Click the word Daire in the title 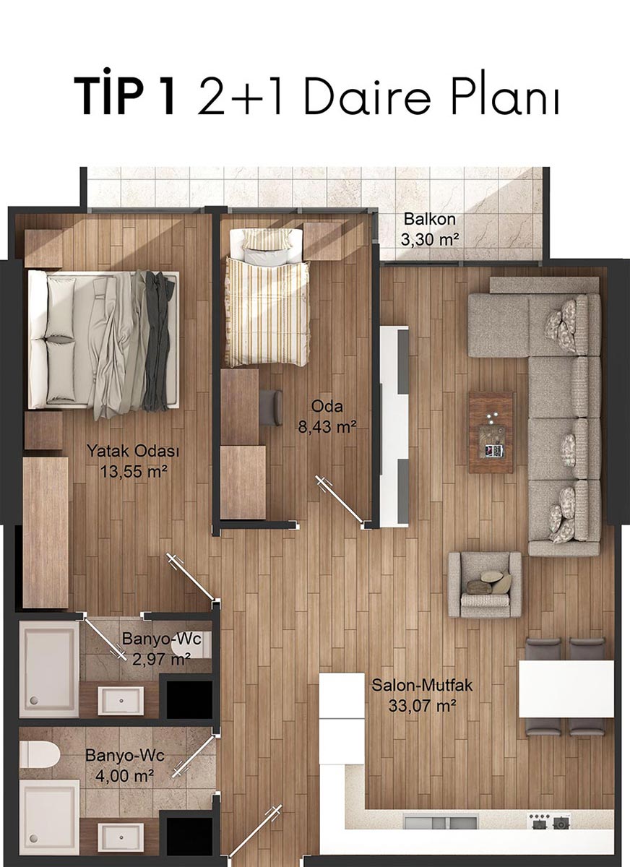[x=368, y=95]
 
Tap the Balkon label [x=430, y=219]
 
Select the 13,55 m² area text [x=134, y=471]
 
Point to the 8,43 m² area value [x=327, y=427]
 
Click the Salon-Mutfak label [x=422, y=686]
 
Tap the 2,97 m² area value [x=161, y=659]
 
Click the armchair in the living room [x=485, y=585]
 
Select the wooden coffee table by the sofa [x=491, y=432]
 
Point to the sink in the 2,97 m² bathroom [x=121, y=701]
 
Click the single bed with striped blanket [x=267, y=297]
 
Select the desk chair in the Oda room [x=271, y=407]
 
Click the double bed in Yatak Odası [x=103, y=340]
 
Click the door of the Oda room [x=340, y=500]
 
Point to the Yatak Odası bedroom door [x=192, y=577]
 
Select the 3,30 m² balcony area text [x=430, y=240]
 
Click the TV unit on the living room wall [x=394, y=426]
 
